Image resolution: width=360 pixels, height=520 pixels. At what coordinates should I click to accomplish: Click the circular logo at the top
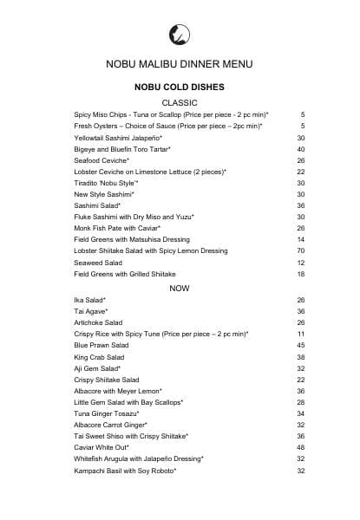click(180, 35)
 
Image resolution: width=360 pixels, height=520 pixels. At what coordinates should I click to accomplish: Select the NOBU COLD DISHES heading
click(180, 88)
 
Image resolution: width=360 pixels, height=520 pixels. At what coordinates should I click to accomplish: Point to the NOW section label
click(180, 288)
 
